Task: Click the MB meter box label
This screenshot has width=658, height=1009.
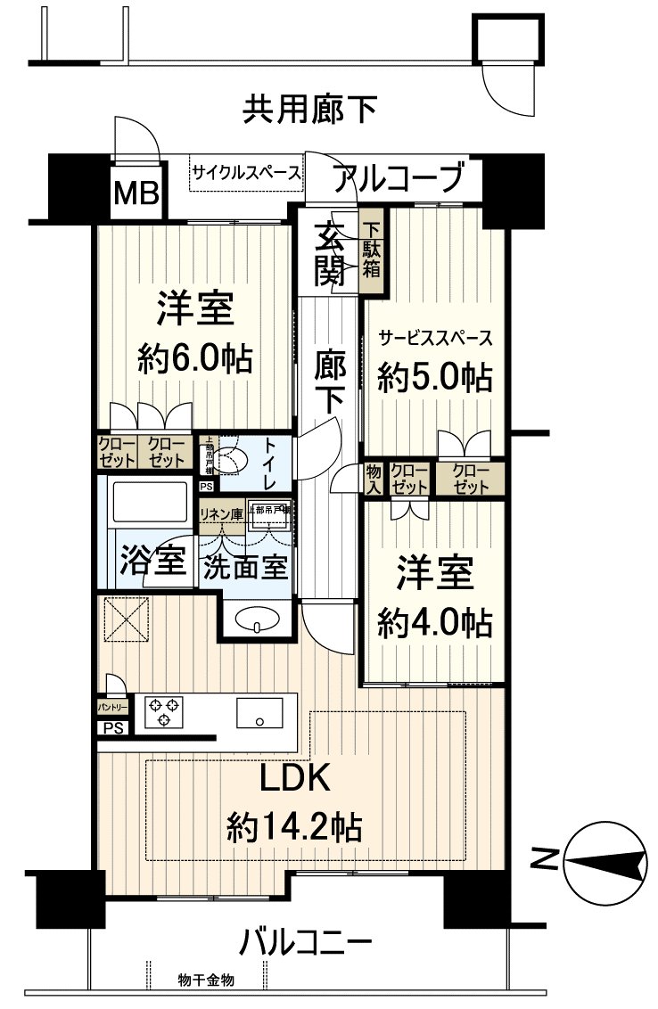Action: [x=136, y=193]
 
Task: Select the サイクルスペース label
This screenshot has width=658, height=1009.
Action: [x=246, y=172]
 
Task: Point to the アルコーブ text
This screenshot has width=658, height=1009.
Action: [x=399, y=178]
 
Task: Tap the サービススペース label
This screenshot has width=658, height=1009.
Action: [x=434, y=338]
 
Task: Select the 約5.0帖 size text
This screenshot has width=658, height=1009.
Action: [x=434, y=378]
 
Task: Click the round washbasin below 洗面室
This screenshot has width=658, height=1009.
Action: [x=258, y=620]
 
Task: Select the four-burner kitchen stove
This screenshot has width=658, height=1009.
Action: [x=164, y=712]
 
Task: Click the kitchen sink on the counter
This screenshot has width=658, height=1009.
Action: [x=259, y=713]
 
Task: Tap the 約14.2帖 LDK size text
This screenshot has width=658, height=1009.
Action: [x=294, y=827]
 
